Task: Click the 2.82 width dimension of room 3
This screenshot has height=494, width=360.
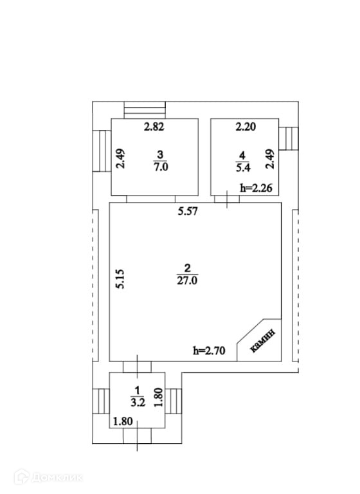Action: click(x=154, y=127)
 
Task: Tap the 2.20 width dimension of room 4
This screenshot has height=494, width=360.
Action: click(x=246, y=127)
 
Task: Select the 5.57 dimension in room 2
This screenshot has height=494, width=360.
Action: click(x=188, y=211)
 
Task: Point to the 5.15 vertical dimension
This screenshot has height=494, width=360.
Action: click(x=120, y=279)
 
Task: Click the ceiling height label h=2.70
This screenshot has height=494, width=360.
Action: click(x=209, y=351)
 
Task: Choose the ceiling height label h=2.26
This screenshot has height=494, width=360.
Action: click(x=256, y=188)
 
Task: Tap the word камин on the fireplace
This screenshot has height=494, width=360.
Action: click(x=262, y=340)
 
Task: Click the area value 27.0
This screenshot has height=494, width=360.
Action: click(x=187, y=280)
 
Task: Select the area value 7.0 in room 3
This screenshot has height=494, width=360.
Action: click(x=161, y=167)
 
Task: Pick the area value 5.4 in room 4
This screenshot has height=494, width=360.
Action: click(x=243, y=168)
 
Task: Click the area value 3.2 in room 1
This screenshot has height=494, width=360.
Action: click(x=138, y=403)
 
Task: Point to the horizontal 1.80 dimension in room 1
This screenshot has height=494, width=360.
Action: click(x=123, y=421)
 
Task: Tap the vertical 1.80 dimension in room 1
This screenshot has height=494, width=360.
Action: click(x=158, y=397)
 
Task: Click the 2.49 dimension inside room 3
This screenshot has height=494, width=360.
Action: click(x=120, y=158)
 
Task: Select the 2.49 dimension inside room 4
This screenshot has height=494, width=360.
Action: click(x=270, y=158)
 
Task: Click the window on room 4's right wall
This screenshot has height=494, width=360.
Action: click(x=288, y=139)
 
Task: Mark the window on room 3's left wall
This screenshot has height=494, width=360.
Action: click(x=102, y=151)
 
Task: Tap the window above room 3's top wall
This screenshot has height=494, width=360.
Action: click(x=145, y=110)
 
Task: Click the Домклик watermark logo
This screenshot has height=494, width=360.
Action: click(x=48, y=477)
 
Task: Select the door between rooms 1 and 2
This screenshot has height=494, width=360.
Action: click(x=137, y=367)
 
